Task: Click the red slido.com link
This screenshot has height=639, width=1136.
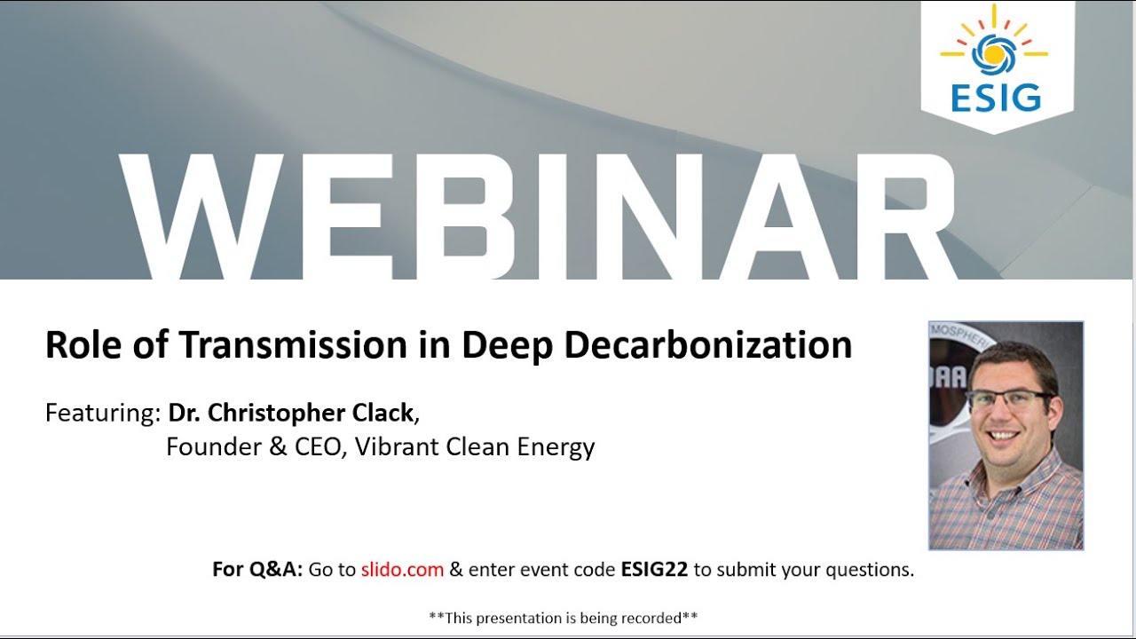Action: click(x=402, y=570)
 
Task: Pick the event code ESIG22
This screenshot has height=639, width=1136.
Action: click(x=653, y=570)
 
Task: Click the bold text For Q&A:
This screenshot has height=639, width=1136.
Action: click(x=257, y=570)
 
